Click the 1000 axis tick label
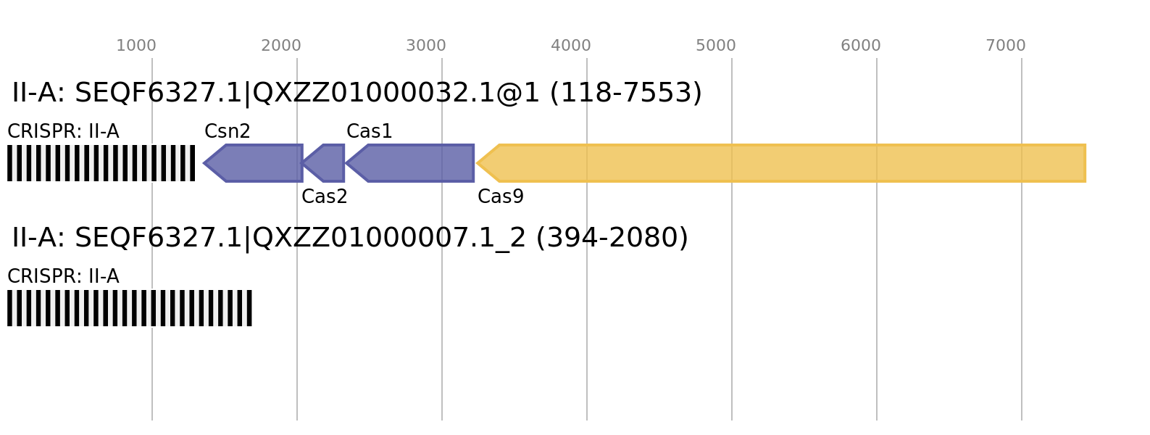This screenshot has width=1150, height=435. [136, 46]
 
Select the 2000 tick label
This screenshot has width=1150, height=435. [281, 46]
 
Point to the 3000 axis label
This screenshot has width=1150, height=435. [426, 46]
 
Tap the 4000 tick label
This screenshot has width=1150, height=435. [571, 46]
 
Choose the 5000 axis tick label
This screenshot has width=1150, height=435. [716, 46]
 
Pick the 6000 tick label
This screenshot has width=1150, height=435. [861, 46]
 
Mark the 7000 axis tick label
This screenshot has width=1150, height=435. [1006, 46]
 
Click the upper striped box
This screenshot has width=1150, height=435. [101, 163]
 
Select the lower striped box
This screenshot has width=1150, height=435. [130, 308]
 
